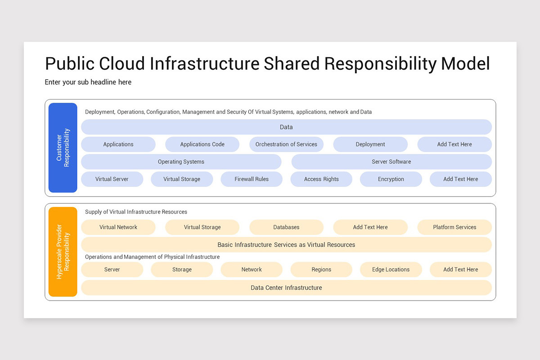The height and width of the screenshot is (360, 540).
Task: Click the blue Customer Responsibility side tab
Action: pos(63,148)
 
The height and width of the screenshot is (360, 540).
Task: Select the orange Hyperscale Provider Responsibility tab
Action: pos(63,252)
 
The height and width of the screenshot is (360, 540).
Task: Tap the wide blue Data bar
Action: pos(286,127)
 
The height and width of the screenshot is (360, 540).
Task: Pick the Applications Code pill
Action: pos(202,144)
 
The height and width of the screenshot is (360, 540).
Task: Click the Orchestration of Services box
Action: pos(286,144)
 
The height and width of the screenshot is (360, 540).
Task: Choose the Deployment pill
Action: pos(370,144)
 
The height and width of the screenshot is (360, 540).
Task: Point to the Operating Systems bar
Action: pos(181,162)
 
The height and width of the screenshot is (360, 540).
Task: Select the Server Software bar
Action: pos(391,162)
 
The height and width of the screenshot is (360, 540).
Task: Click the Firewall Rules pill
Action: pos(252,179)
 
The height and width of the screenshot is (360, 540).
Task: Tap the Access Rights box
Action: pos(321,179)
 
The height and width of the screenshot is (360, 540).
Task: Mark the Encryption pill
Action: pos(391,179)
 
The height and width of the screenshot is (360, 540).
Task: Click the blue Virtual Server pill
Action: pos(112,179)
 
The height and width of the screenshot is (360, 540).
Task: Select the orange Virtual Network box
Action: pos(118,227)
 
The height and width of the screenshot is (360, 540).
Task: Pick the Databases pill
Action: pos(286,227)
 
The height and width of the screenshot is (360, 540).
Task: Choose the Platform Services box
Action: pos(454,227)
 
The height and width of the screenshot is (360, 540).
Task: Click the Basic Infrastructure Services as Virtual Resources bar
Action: pos(286,245)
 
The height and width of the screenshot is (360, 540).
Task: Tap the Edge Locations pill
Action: pos(391,270)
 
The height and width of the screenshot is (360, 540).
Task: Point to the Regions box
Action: pos(321,270)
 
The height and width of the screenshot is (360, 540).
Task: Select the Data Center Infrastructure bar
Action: pos(286,288)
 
